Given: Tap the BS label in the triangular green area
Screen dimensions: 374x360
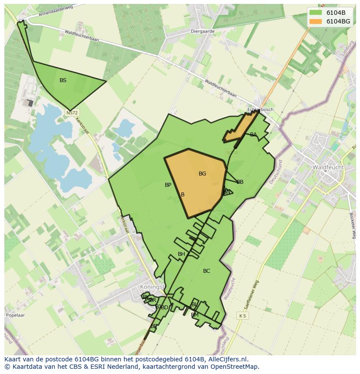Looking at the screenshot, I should point(63,80).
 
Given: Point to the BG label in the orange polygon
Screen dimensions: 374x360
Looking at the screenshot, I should point(202,174).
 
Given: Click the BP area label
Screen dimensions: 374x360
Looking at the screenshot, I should point(168,185).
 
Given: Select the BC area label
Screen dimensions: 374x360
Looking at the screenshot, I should point(207,271).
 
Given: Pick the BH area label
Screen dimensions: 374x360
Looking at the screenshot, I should point(181,254).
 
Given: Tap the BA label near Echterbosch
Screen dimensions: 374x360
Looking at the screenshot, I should point(253,135).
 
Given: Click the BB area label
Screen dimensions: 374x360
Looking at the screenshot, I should point(240,182).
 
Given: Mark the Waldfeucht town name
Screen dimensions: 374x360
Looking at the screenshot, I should point(328,167).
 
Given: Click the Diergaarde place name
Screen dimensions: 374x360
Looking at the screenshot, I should point(203,31).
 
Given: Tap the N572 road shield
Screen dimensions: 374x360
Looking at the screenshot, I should point(72,113).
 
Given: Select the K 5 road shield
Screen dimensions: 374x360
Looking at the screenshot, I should point(242,316).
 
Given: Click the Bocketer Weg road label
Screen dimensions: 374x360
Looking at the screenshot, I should point(353,225).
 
